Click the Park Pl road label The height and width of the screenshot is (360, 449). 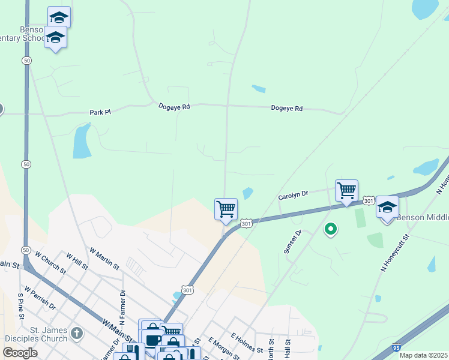coord(100,112)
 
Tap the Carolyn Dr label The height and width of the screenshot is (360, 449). coord(293,195)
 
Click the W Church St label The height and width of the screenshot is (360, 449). coord(50,261)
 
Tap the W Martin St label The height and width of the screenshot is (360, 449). coord(104,258)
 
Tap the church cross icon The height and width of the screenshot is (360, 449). coord(76,333)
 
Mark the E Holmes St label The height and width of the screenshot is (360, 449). coord(247,343)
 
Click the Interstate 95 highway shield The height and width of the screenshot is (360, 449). coord(396,347)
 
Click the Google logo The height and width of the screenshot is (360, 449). coord(20,353)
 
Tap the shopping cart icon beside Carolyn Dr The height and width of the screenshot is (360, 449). coord(346,191)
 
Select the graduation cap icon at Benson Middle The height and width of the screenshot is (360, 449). coord(387,207)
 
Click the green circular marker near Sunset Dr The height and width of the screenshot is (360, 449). coord(330,229)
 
